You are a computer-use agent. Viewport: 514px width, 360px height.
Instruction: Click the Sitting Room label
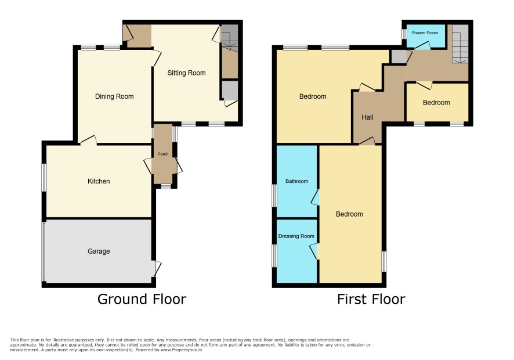tap(186, 73)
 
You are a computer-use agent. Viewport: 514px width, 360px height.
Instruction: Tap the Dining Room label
tap(114, 96)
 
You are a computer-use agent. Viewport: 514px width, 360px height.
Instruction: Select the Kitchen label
tap(99, 181)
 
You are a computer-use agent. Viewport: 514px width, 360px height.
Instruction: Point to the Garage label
tap(99, 251)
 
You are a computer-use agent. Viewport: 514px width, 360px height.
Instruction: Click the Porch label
tap(163, 154)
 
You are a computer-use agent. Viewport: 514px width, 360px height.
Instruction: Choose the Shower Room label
tap(425, 33)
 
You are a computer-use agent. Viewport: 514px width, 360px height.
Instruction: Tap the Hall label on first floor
tap(367, 117)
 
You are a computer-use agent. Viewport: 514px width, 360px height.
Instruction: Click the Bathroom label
tap(296, 181)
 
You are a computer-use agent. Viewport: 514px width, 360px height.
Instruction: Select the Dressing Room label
tap(296, 236)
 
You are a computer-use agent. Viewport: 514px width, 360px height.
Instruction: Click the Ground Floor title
tap(142, 299)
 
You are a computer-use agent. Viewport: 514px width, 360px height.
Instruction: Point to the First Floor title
tap(371, 299)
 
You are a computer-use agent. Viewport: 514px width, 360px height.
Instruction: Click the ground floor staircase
tap(230, 38)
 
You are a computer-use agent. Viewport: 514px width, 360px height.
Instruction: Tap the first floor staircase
tap(461, 44)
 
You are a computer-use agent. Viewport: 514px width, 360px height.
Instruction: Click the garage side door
tap(157, 268)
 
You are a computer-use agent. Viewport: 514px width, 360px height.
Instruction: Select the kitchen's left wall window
tap(44, 177)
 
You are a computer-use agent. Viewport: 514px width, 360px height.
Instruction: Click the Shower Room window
tap(404, 34)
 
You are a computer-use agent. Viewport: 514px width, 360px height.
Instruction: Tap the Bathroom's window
tap(274, 196)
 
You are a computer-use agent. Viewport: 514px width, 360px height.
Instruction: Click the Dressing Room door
tap(314, 251)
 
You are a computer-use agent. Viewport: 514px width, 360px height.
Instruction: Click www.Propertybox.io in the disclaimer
tap(181, 350)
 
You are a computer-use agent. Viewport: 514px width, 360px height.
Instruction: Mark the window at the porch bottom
tap(166, 186)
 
